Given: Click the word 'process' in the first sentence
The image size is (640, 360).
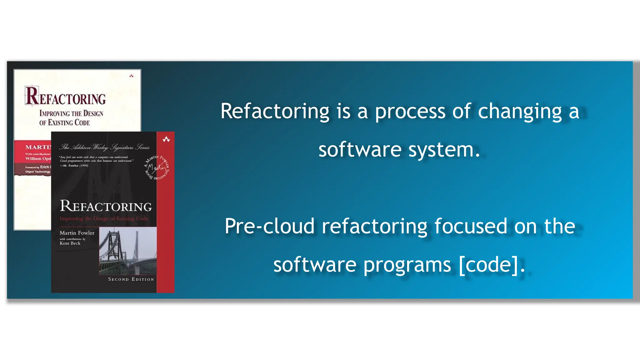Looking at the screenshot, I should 410,111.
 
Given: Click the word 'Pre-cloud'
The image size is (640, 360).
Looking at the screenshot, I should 269,226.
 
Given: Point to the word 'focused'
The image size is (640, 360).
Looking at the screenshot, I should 471,226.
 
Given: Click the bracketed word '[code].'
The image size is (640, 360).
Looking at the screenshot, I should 492,265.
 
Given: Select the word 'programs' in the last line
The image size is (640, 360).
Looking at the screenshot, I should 407,265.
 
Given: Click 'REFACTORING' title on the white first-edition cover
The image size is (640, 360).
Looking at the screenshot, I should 66,97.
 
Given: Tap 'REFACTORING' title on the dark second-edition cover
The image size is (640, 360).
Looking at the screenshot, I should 106,206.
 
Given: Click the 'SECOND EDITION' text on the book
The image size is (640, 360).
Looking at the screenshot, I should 131,279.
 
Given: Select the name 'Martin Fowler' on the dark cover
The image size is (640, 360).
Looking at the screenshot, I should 77,233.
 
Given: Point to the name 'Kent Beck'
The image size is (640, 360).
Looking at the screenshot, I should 70,243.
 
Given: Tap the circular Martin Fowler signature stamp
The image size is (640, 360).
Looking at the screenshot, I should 157,167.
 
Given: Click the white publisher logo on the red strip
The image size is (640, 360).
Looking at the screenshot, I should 166,139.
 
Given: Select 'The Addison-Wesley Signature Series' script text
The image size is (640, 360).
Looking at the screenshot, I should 105,147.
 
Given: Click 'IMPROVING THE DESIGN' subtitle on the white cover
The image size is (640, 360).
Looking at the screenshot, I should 71,113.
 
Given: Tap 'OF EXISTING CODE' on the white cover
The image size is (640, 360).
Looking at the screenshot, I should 64,122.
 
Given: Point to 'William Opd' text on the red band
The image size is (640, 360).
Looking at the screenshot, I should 38,158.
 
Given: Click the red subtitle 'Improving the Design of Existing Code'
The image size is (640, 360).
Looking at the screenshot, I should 104,218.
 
